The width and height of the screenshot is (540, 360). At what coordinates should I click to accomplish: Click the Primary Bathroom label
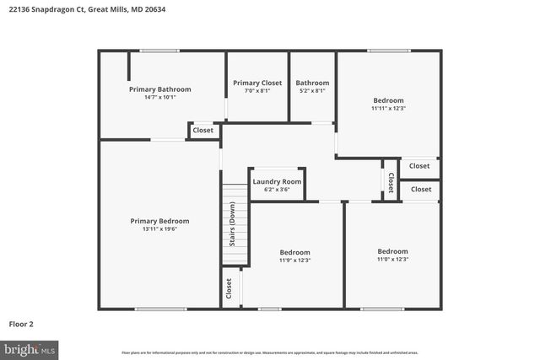[159, 89]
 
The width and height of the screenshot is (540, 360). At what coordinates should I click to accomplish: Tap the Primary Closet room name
[257, 83]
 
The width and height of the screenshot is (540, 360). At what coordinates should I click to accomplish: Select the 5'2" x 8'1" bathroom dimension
[312, 91]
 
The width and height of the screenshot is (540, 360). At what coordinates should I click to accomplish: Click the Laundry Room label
[277, 181]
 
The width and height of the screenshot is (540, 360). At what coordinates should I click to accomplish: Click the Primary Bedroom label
[154, 221]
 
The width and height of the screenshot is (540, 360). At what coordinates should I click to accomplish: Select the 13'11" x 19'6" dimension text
[154, 228]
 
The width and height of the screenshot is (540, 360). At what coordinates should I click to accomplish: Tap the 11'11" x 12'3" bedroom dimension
[388, 108]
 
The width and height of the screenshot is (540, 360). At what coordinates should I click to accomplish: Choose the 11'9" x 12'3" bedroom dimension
[294, 260]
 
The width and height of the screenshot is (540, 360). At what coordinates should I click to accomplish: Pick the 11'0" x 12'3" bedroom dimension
[391, 259]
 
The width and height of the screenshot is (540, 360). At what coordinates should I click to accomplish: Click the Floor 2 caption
[21, 323]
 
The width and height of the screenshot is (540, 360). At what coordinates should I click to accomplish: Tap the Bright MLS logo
[30, 348]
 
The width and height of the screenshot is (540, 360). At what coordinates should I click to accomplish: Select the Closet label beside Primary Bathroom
[203, 131]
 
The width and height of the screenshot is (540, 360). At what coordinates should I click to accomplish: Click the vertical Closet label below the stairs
[229, 288]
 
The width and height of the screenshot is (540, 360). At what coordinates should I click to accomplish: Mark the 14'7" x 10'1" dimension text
[159, 97]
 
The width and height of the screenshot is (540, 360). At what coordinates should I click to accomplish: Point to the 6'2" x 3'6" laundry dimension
[277, 190]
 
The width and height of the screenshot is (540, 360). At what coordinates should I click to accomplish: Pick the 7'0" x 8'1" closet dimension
[257, 91]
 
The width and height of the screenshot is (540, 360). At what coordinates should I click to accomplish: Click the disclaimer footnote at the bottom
[269, 352]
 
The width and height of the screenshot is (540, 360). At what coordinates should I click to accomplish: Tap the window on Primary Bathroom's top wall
[159, 51]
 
